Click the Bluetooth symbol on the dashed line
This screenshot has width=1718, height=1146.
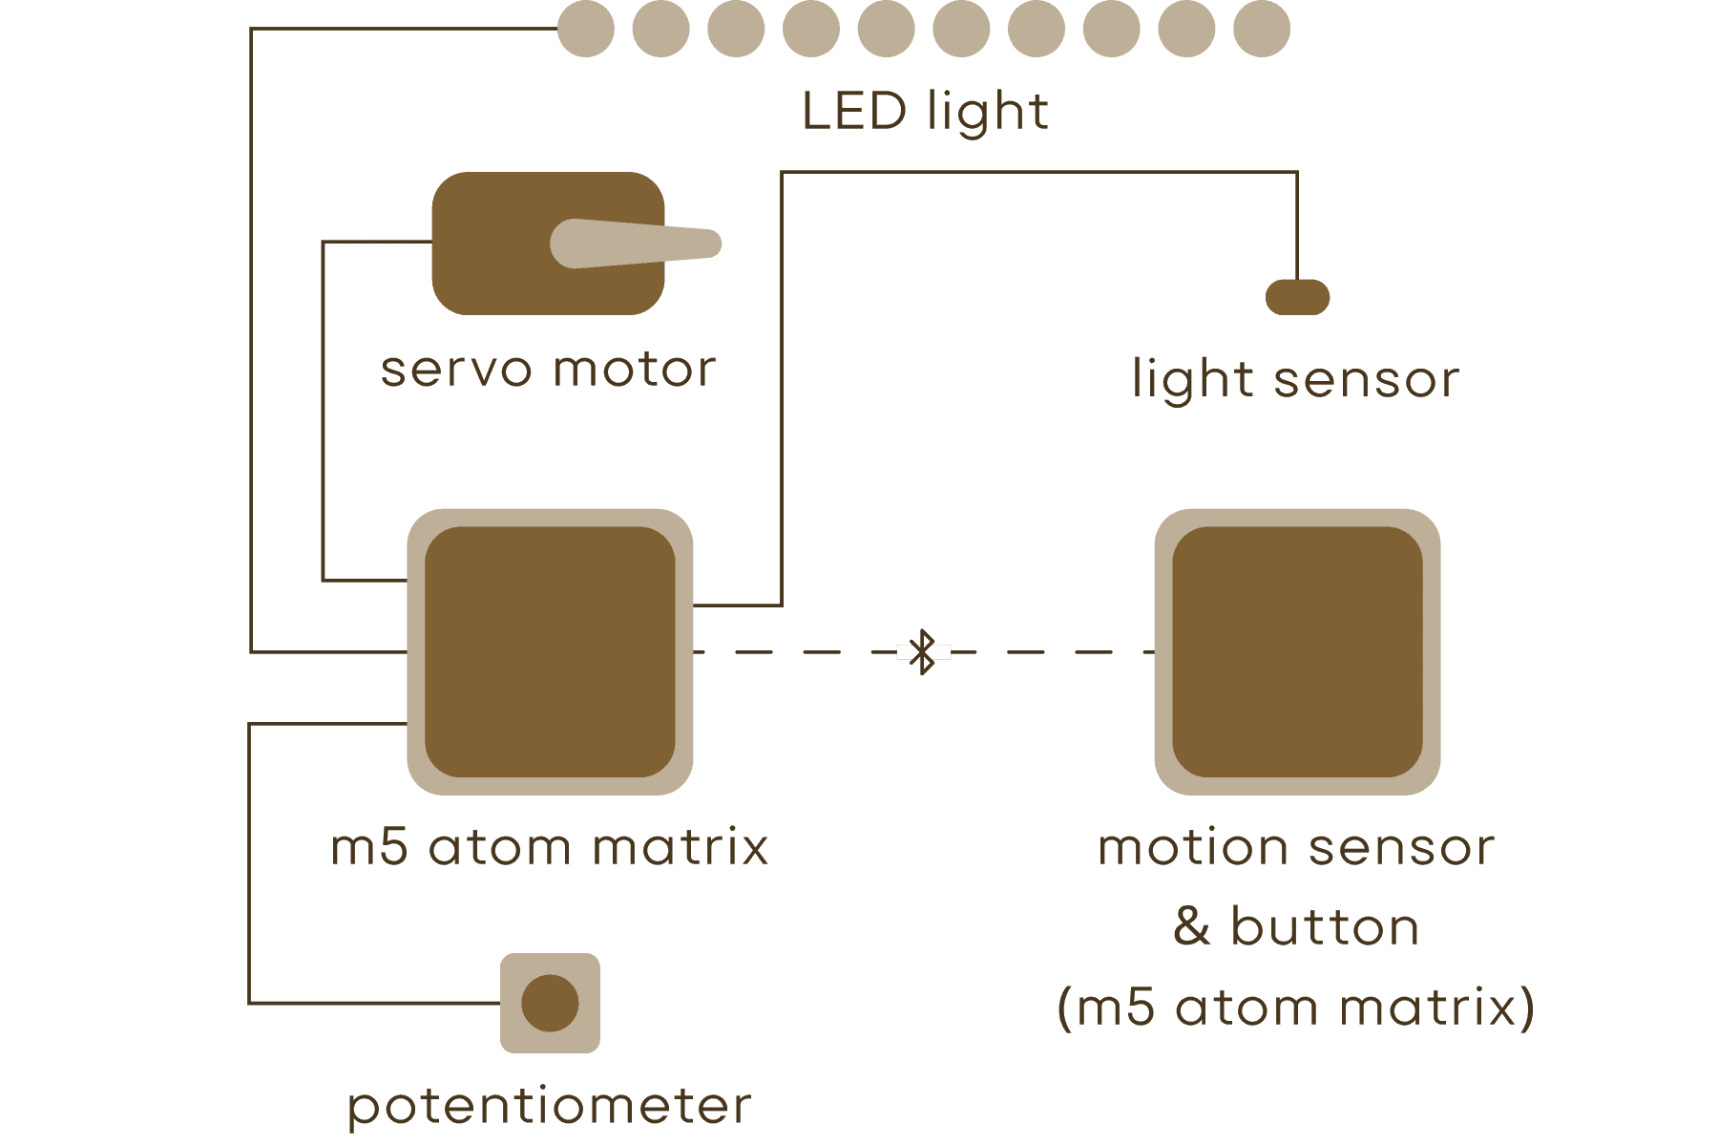923,652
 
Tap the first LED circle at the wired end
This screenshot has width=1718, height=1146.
585,29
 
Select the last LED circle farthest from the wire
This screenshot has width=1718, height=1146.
1262,29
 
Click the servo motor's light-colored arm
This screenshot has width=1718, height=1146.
635,244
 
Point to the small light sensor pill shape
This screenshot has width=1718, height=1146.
1297,297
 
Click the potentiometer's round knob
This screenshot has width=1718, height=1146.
551,1003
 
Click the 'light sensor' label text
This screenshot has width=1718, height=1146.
1295,380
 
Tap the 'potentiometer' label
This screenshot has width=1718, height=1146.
550,1106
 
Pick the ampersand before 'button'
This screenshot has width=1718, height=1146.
1192,926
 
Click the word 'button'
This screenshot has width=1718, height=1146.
1325,926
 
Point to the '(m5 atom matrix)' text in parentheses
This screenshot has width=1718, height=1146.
1296,1008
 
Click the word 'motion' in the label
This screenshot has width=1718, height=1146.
1193,847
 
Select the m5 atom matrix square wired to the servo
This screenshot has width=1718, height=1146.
550,651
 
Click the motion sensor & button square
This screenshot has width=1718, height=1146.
1297,651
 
